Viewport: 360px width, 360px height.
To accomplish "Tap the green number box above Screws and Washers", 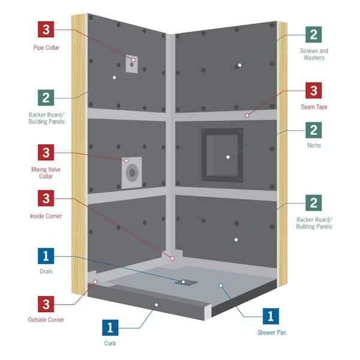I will [313, 35].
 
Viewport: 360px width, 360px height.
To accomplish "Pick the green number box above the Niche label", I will [313, 130].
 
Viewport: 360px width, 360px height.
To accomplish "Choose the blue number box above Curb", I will [110, 328].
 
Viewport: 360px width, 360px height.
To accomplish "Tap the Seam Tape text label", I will [313, 107].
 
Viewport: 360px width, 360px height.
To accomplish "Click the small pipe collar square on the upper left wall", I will [132, 65].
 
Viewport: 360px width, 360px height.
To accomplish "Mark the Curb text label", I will [110, 344].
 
